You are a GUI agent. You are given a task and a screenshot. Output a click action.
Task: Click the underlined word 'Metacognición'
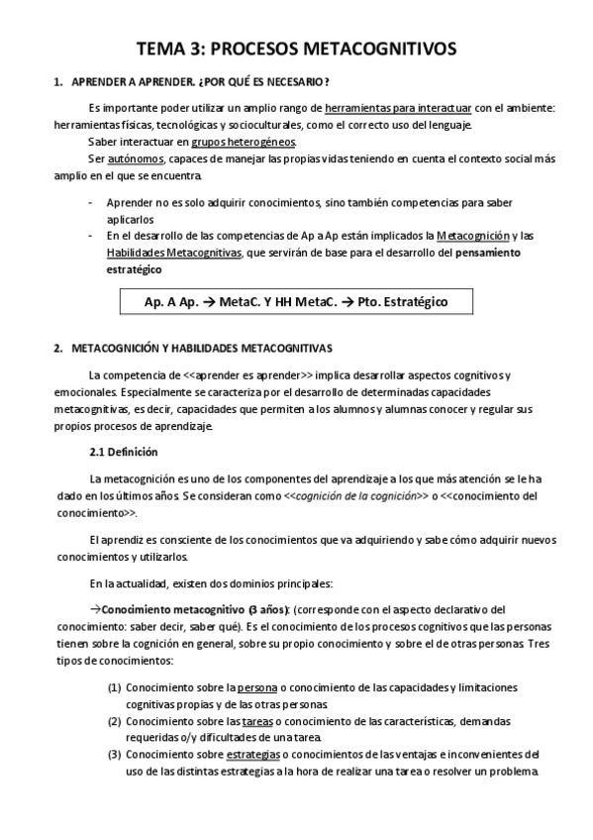point(473,236)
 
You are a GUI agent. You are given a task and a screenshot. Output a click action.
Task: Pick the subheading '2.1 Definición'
point(123,452)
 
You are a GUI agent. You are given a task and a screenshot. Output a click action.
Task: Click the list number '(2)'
point(115,722)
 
